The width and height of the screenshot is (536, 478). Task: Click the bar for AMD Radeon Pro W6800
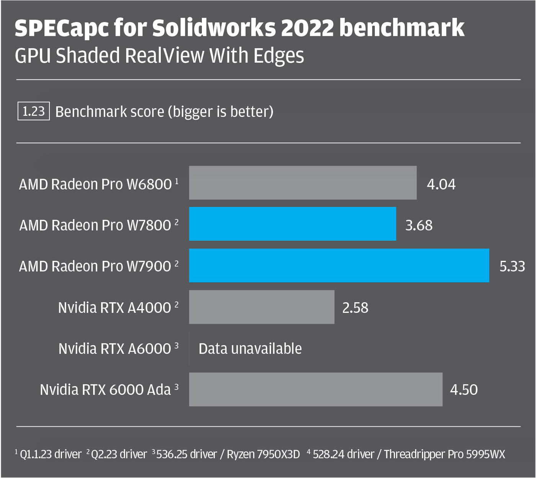[x=302, y=183]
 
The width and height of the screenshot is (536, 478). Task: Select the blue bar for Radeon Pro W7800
[x=293, y=224]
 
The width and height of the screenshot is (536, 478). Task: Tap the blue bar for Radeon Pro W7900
[x=339, y=265]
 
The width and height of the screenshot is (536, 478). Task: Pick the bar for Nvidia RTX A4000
[x=261, y=307]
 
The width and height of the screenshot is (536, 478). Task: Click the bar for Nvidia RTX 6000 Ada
[x=315, y=389]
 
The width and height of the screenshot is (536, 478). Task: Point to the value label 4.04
[x=441, y=184]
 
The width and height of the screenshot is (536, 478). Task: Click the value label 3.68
[x=419, y=225]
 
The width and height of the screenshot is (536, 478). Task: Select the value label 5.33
[x=512, y=266]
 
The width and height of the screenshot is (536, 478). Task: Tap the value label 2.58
[x=355, y=307]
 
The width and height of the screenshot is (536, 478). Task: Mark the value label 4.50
[x=464, y=390]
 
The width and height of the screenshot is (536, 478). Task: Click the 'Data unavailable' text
[x=250, y=348]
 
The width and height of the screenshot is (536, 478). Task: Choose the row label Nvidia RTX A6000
[x=115, y=349]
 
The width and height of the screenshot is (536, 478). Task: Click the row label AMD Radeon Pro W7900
[x=95, y=266]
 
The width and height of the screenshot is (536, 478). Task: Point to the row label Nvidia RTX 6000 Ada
[x=105, y=390]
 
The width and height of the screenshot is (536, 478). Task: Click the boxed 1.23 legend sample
[x=34, y=111]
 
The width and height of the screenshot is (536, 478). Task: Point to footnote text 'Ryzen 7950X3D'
[x=263, y=454]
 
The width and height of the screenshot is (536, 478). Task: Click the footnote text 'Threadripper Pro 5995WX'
[x=444, y=454]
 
